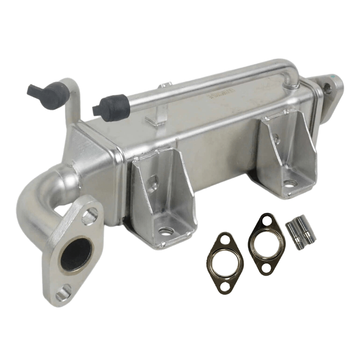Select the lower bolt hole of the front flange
[x=62, y=295]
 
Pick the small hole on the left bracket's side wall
[x=153, y=182]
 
